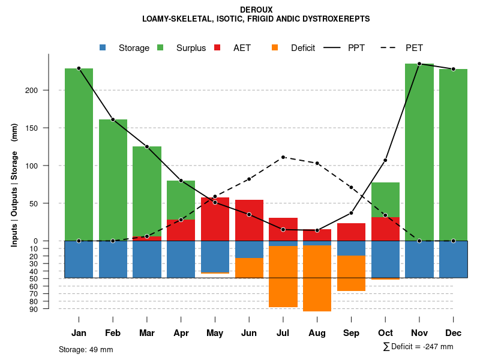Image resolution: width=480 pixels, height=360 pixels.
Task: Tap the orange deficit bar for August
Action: click(317, 278)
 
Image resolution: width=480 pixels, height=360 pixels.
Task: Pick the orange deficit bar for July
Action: click(283, 277)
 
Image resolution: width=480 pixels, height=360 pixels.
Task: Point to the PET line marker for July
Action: click(283, 157)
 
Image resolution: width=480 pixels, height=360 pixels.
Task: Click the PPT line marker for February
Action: click(113, 119)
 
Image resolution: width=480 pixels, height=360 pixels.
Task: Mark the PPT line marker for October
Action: click(385, 160)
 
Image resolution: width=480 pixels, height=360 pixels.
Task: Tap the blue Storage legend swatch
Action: click(103, 47)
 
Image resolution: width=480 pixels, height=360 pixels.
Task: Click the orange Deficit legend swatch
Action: click(275, 47)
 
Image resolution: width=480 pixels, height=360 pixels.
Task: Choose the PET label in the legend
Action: click(414, 48)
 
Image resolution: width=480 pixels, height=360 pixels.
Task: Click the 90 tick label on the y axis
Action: click(34, 309)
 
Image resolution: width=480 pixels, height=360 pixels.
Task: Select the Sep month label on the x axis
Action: click(351, 333)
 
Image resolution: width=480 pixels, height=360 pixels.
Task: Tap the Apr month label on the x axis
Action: click(181, 333)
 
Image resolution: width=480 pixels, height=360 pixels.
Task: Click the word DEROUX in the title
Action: click(256, 10)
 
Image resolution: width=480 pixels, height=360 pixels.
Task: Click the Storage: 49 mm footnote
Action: click(86, 349)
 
